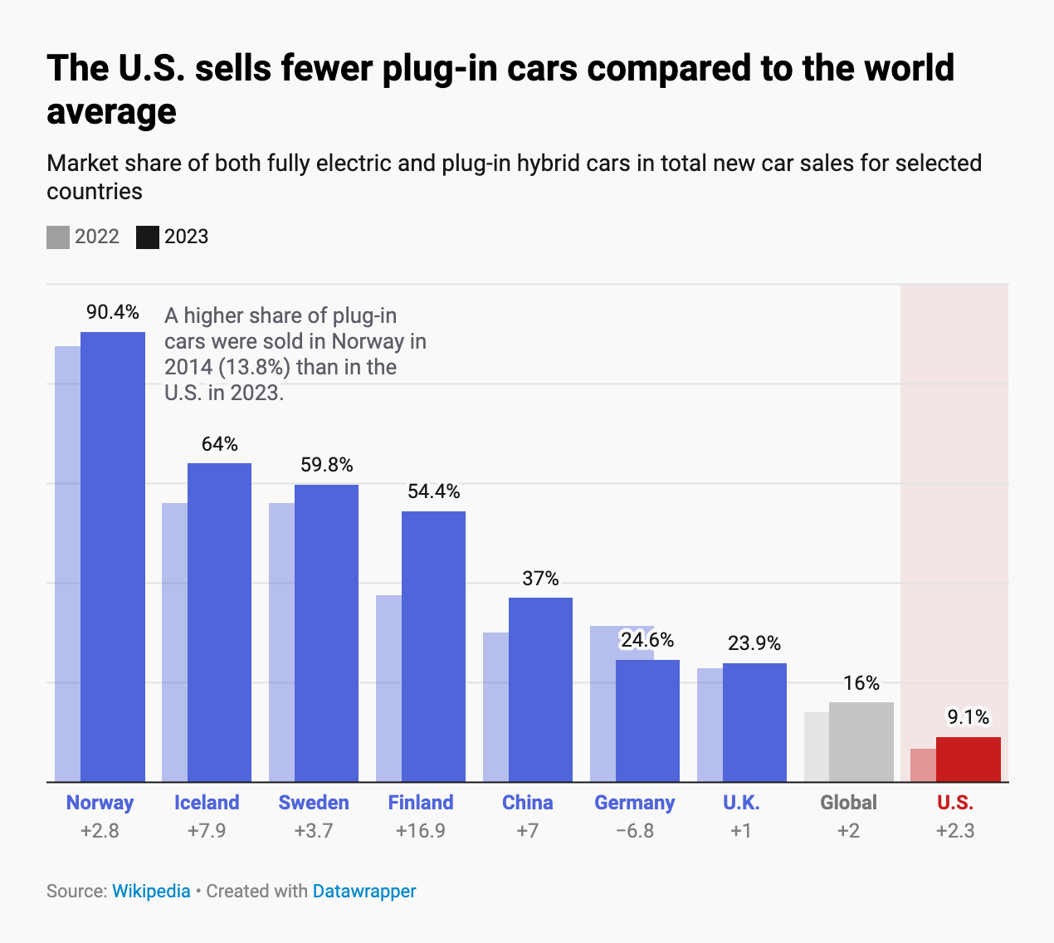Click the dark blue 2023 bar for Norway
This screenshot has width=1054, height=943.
point(113,556)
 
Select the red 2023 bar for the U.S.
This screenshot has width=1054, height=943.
point(968,759)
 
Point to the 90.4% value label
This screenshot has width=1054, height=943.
point(113,312)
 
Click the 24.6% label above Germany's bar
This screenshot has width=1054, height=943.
point(647,640)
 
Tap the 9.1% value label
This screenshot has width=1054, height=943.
point(968,716)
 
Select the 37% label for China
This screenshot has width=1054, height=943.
point(540,579)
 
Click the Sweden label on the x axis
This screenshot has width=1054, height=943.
point(314,803)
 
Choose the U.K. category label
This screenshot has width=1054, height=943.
point(741,803)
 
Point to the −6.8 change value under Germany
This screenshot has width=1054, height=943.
point(635,831)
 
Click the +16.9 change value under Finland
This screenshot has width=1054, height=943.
point(421,831)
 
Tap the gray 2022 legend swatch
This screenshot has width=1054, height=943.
point(58,237)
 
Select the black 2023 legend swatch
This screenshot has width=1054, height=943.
point(148,237)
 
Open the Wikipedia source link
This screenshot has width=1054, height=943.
point(151,892)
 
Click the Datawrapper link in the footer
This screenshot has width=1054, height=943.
point(364,892)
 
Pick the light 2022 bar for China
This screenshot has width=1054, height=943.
point(495,706)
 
